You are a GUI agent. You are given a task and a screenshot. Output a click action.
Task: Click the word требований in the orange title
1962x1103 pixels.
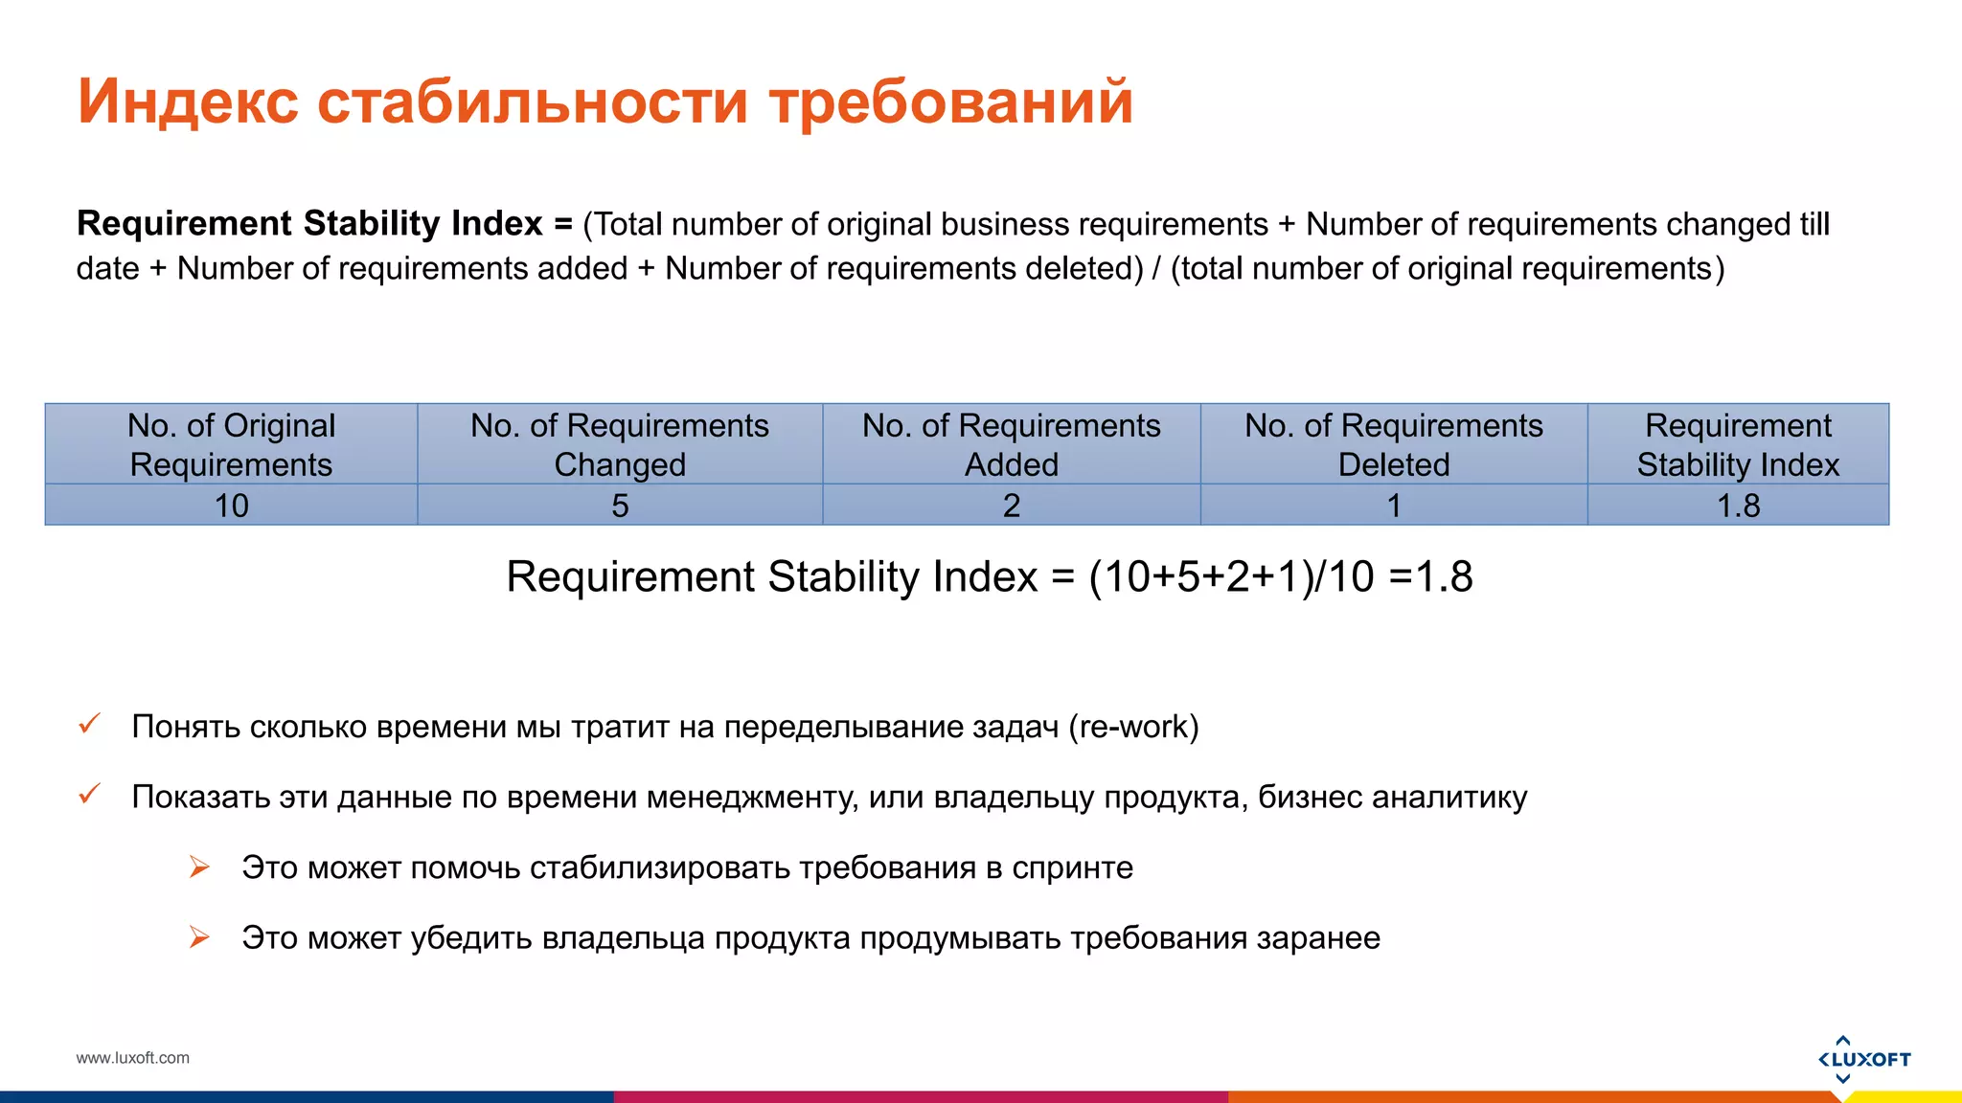click(x=951, y=101)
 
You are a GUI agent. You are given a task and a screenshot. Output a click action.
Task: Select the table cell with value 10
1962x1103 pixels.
click(x=231, y=506)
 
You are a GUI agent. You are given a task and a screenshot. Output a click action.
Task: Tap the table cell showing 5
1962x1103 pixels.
click(x=620, y=506)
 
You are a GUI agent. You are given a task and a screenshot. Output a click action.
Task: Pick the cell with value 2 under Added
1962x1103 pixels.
click(x=1011, y=506)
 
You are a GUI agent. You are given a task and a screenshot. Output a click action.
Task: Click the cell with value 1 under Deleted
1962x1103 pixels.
click(x=1394, y=506)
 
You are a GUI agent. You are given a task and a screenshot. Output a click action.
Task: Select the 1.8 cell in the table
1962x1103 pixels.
click(x=1738, y=506)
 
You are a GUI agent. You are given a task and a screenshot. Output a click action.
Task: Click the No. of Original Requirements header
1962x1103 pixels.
click(x=231, y=444)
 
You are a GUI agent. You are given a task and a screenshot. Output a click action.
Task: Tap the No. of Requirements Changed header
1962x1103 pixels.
click(x=620, y=444)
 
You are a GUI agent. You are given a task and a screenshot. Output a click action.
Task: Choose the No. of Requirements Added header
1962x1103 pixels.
click(x=1011, y=444)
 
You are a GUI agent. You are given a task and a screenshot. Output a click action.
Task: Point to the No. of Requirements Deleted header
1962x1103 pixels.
click(x=1394, y=444)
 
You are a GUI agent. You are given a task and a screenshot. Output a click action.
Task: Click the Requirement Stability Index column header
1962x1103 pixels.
click(x=1738, y=444)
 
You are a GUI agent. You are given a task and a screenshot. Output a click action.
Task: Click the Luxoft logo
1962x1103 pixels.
click(x=1863, y=1059)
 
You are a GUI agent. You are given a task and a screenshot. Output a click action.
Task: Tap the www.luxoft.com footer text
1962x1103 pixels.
click(x=133, y=1058)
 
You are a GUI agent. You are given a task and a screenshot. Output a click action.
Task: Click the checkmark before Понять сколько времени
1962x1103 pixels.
click(x=89, y=724)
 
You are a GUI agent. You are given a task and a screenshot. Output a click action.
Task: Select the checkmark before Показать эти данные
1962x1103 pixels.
click(x=89, y=794)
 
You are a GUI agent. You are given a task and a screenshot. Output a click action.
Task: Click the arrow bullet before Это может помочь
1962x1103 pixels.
click(x=199, y=867)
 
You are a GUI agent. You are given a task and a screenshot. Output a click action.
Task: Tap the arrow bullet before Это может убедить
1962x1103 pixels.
click(x=199, y=937)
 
